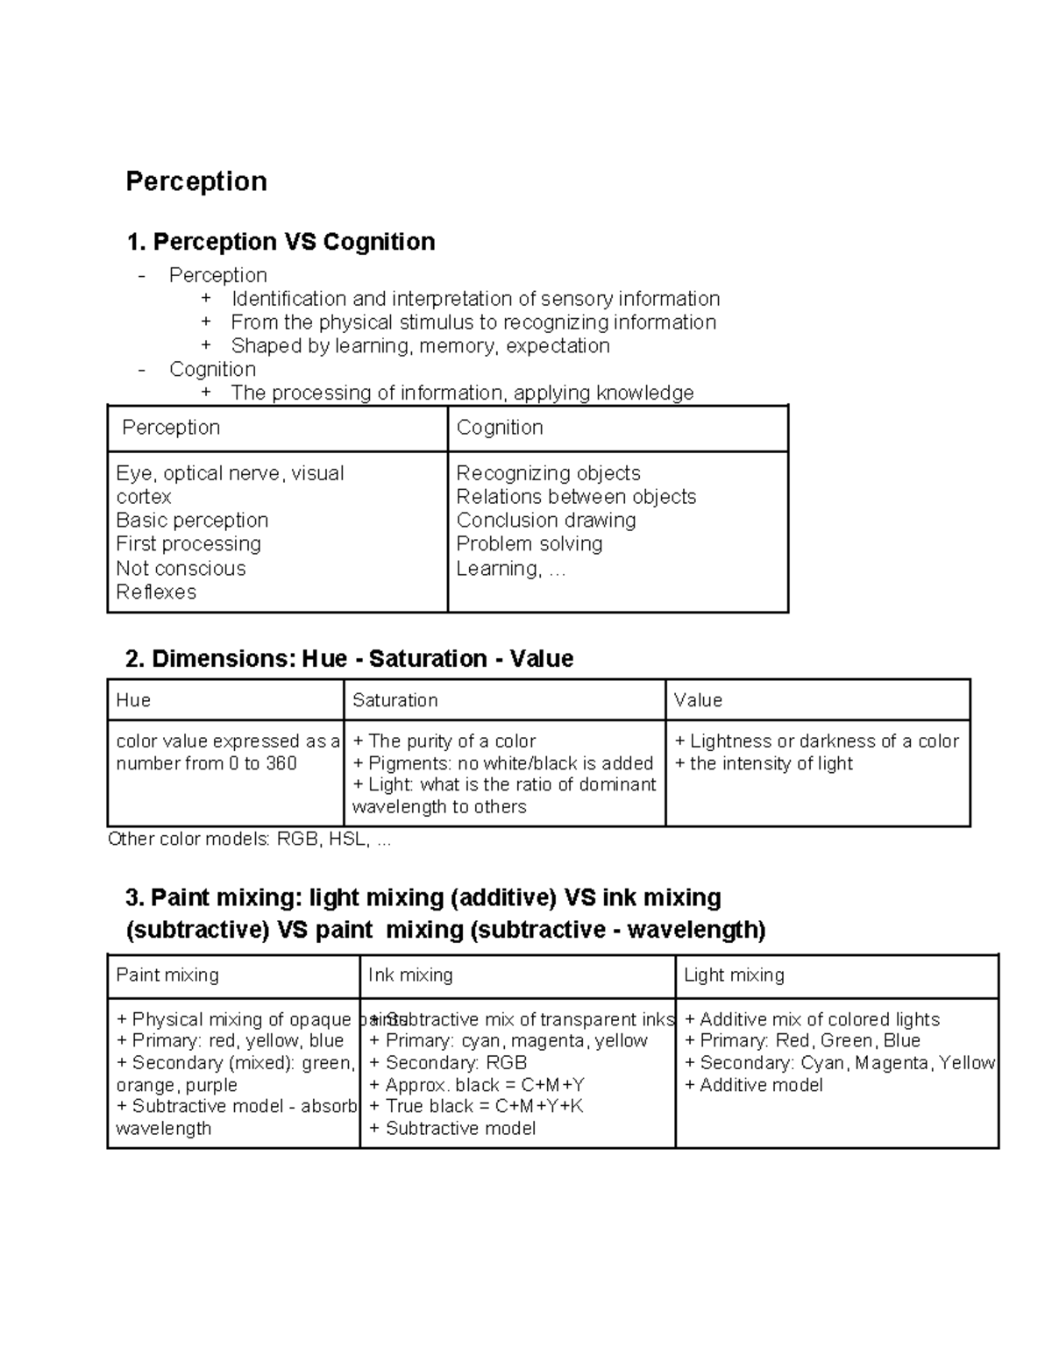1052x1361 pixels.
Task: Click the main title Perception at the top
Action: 196,181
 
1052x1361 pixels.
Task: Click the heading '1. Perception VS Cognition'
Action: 281,242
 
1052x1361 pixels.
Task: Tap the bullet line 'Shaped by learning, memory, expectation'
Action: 420,346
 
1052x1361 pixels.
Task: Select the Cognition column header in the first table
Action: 500,428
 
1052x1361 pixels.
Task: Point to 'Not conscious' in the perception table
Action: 181,569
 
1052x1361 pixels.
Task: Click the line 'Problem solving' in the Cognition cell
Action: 529,544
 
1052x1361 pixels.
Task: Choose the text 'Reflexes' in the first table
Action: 156,592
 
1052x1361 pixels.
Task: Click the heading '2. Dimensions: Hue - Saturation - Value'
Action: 349,659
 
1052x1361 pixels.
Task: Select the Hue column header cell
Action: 133,700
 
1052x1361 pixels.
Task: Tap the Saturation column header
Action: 394,700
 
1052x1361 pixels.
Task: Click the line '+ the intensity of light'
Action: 763,763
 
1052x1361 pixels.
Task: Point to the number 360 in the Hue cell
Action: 281,763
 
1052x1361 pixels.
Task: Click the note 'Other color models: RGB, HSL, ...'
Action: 249,840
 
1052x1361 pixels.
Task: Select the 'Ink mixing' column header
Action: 410,975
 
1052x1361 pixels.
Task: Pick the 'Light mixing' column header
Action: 734,975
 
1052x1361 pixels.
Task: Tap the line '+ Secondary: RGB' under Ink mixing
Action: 448,1063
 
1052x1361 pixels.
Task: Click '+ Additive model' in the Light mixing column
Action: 753,1086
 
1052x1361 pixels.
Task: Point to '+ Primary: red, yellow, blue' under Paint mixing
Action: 230,1041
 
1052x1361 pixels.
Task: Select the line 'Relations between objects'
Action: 576,497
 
